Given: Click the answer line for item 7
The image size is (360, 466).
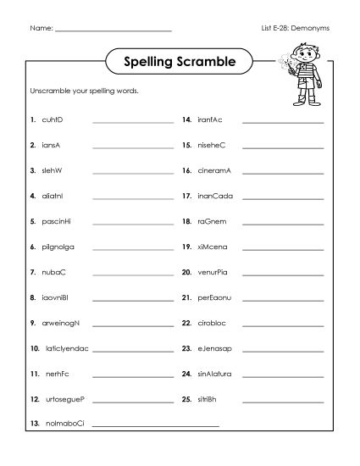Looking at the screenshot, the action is click(x=130, y=274).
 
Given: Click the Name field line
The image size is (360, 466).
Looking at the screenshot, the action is click(x=112, y=31).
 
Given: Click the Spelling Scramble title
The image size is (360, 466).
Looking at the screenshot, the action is click(x=179, y=61).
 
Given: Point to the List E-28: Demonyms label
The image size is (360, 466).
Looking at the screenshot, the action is click(x=296, y=28).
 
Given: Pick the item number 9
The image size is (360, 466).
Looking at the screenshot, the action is click(x=31, y=323).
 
